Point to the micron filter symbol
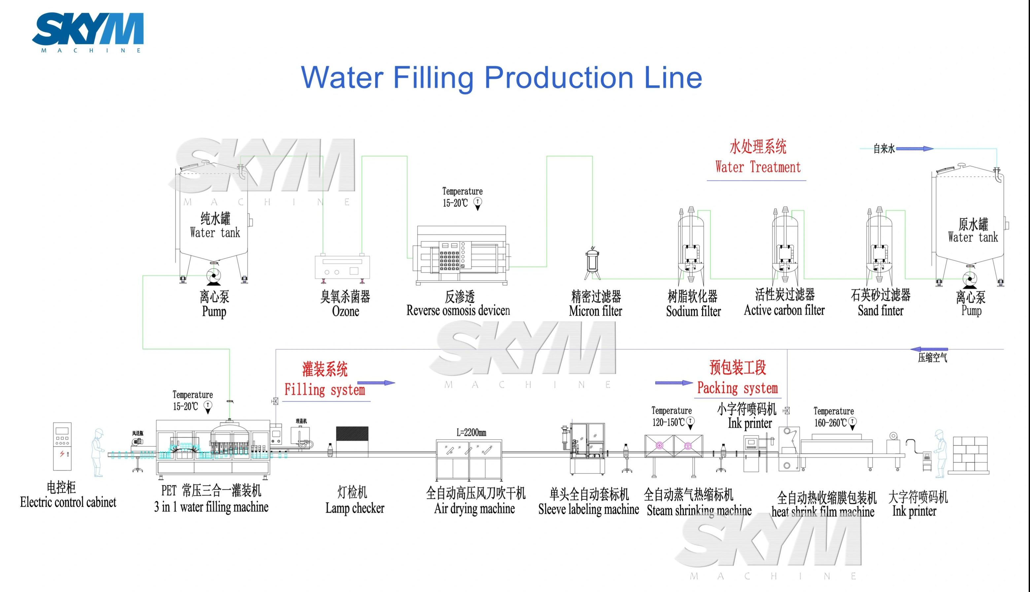593,264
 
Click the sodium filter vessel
691,246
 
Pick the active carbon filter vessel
785,246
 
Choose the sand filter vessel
879,246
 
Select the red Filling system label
324,389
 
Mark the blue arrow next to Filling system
376,383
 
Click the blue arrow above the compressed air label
929,349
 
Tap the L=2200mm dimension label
471,432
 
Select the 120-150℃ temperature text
668,422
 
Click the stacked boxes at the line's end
970,455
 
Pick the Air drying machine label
474,509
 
